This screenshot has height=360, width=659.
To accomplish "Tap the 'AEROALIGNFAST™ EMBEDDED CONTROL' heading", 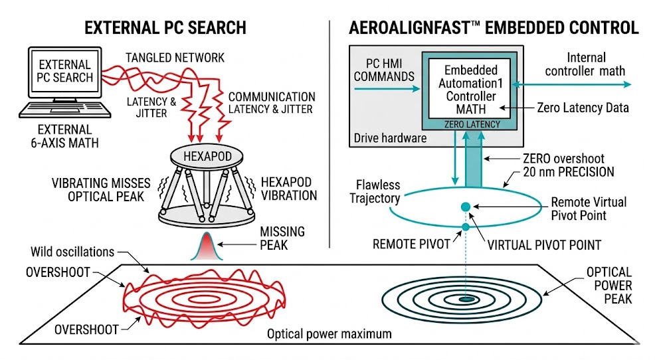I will (494, 27).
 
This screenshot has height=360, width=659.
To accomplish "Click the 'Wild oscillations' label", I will (72, 252).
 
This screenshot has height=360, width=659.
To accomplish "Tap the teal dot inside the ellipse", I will (465, 207).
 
